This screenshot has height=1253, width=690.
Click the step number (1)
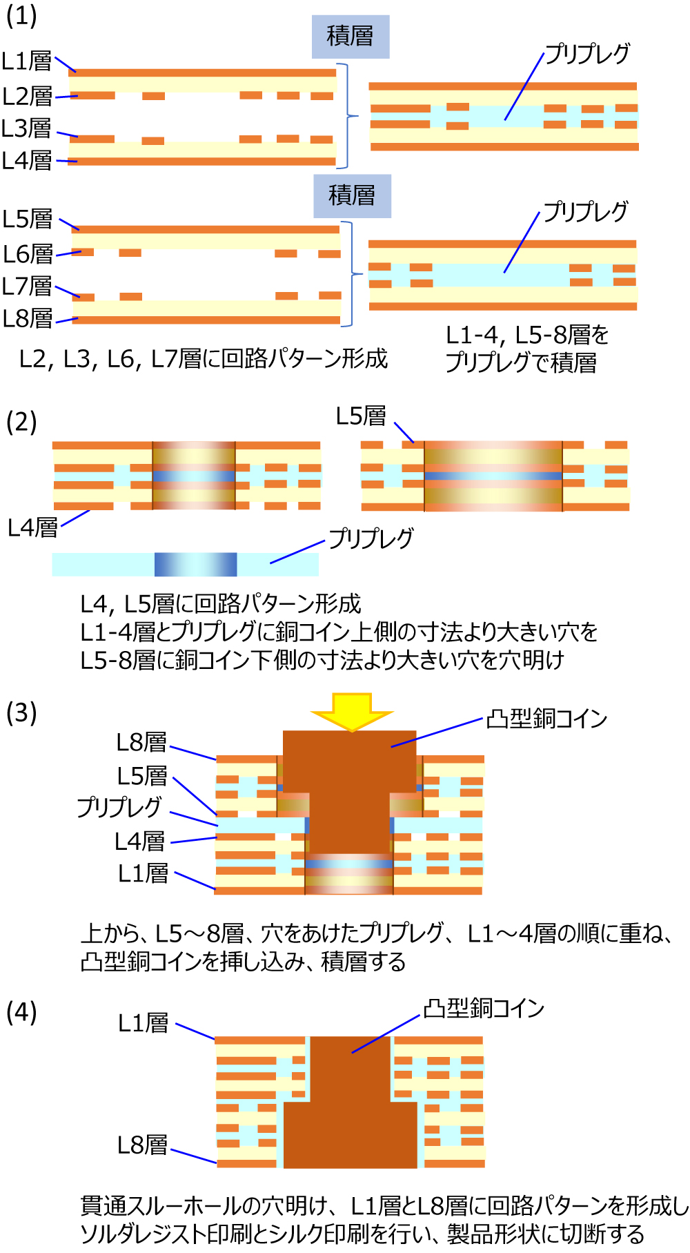point(21,16)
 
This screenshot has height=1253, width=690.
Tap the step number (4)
point(21,1013)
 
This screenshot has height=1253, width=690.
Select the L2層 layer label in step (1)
point(28,96)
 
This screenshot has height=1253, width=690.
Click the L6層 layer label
point(28,254)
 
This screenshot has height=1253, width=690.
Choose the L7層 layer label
point(27,286)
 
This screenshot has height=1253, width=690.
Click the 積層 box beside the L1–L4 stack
point(351,37)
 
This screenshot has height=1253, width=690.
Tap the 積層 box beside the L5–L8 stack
point(352,196)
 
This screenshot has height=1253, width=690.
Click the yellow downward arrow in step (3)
point(352,711)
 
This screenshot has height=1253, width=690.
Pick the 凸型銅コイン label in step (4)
point(484,1009)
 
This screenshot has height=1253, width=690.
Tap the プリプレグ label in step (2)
point(371,538)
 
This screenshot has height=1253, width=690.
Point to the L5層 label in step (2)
point(361,416)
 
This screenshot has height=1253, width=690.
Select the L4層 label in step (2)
point(32,528)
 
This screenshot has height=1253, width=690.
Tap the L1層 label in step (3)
point(144,873)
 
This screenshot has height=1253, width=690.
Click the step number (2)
point(21,422)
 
